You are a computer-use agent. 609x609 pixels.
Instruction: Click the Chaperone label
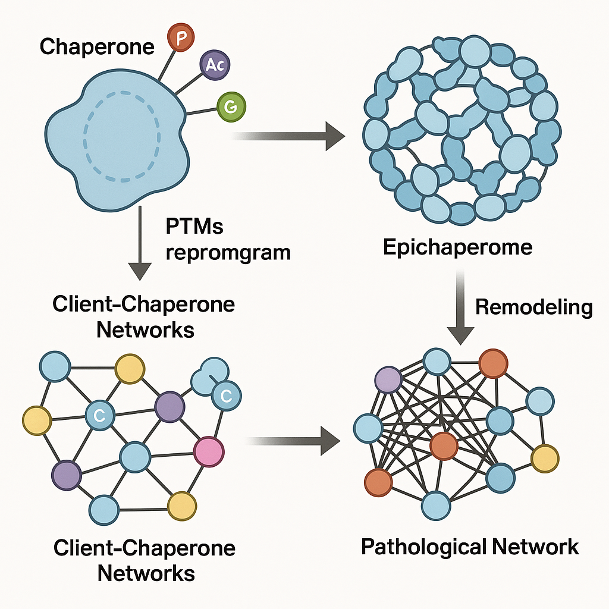(97, 46)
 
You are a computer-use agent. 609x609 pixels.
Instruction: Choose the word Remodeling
(534, 307)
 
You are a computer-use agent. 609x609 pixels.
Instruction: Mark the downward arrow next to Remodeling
(461, 309)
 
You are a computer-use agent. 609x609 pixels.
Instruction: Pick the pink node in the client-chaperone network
(209, 452)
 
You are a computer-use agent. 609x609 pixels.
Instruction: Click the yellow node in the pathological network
(545, 458)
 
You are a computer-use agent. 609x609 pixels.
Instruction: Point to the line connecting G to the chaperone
(202, 111)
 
